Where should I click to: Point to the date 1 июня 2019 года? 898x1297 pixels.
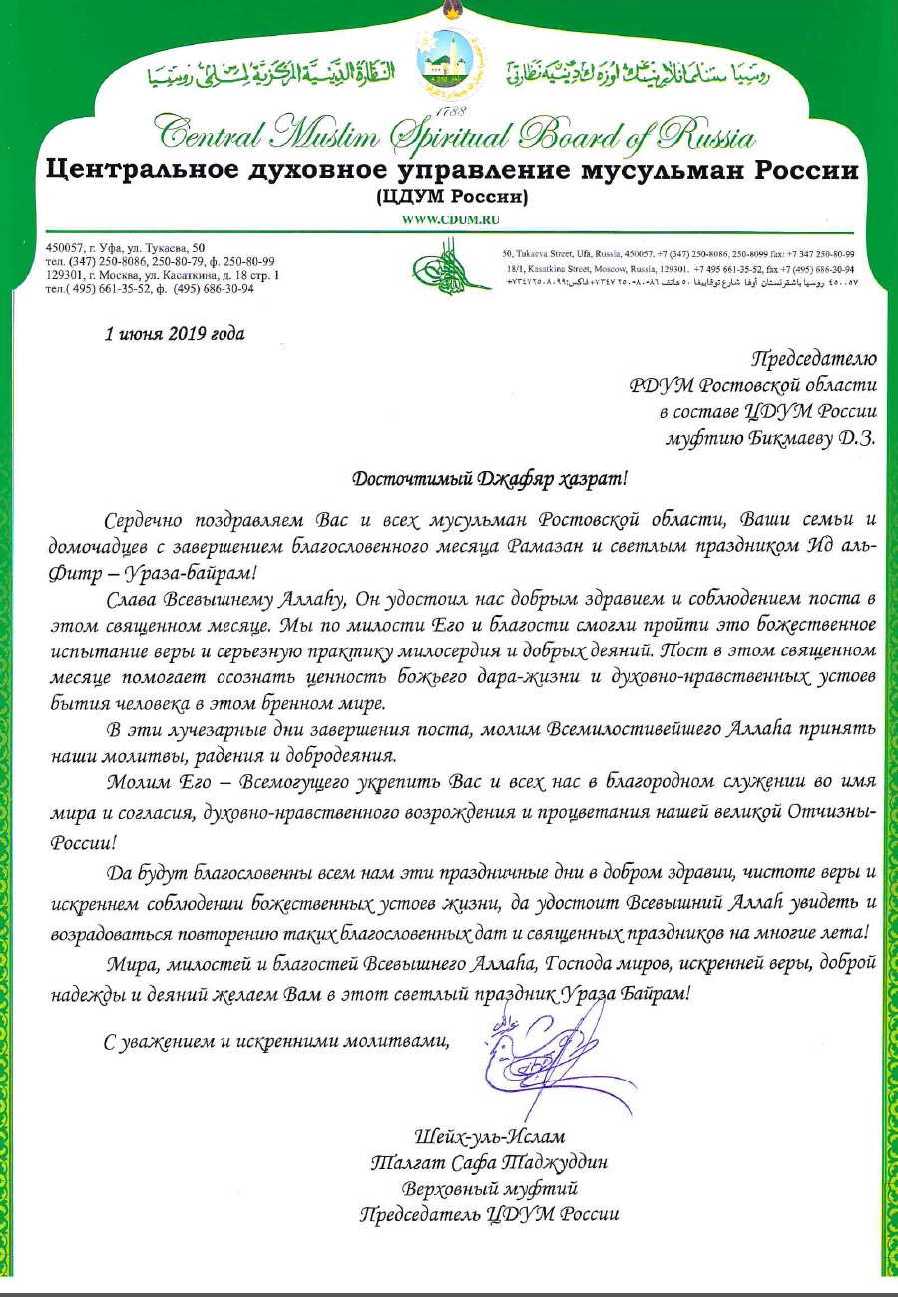175,333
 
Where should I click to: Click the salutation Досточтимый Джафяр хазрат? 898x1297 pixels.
492,477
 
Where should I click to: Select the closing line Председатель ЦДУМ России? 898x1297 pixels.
489,1215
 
